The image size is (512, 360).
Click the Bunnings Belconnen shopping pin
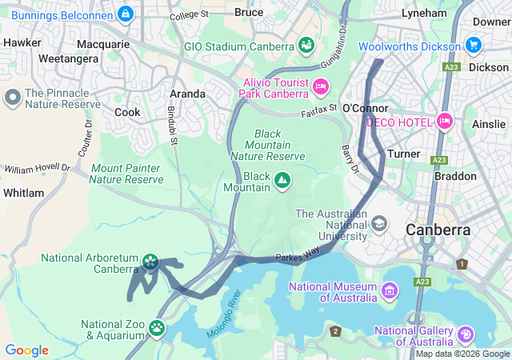(125, 14)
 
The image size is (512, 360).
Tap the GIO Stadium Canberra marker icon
(306, 46)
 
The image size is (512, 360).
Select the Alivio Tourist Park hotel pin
(321, 86)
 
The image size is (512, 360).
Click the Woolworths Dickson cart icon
(474, 46)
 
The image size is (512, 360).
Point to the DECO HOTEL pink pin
(445, 122)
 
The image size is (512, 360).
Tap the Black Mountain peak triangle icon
(282, 182)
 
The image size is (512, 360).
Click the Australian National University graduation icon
(379, 222)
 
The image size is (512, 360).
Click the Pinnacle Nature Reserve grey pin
(13, 98)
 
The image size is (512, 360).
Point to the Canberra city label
(438, 230)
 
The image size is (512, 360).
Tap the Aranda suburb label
(186, 94)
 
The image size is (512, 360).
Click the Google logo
(26, 350)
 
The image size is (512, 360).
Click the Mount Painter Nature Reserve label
(126, 174)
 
